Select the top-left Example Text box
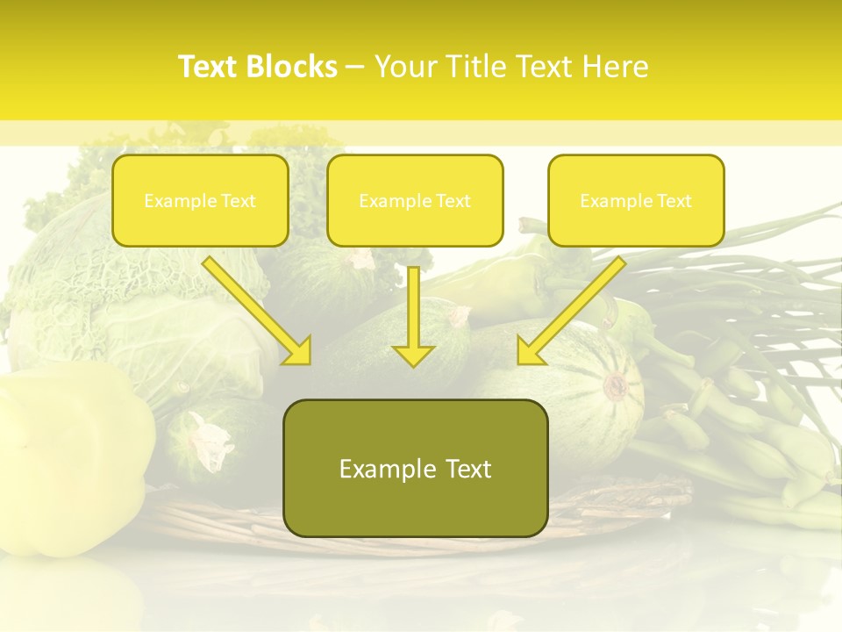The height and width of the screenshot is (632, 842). [x=200, y=200]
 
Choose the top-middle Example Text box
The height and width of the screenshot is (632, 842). [x=415, y=200]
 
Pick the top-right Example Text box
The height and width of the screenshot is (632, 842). [x=636, y=200]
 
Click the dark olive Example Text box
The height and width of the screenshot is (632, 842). [x=416, y=468]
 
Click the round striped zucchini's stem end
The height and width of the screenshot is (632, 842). [x=617, y=384]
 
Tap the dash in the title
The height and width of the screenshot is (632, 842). [x=356, y=67]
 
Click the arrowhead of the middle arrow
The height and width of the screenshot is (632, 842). [x=414, y=355]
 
